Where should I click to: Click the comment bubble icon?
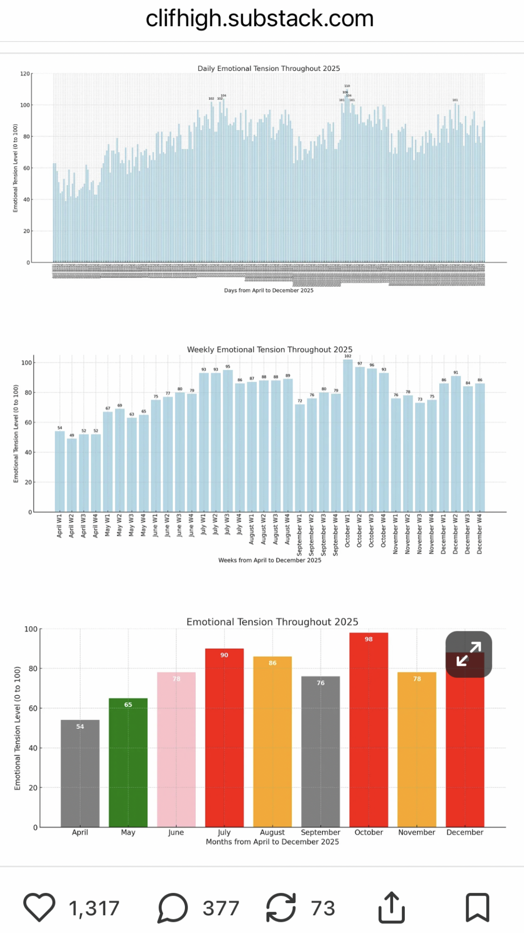coord(172,907)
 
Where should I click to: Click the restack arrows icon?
coord(281,907)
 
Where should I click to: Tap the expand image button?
coord(469,654)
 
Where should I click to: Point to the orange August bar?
coord(272,741)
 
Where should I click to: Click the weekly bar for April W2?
coord(72,475)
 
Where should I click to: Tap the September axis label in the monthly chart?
coord(320,832)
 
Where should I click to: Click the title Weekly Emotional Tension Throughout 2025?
coord(270,349)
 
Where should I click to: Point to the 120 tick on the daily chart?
coord(25,74)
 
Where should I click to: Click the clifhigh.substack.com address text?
coord(259,19)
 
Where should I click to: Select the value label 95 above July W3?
coord(228,366)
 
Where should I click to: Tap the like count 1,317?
coord(94,908)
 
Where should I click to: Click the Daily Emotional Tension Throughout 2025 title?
coord(269,69)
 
